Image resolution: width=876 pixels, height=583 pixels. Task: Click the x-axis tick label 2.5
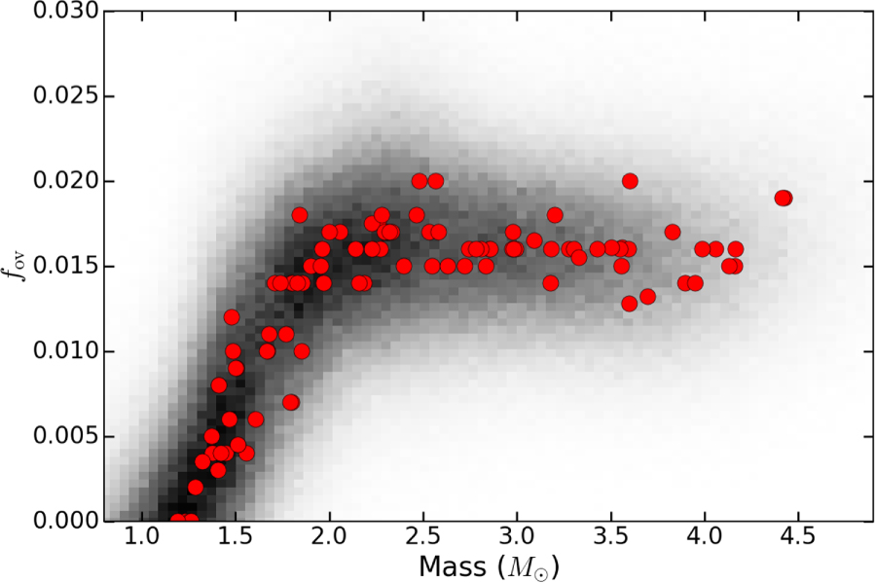423,537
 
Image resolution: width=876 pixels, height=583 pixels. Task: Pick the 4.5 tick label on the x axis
798,537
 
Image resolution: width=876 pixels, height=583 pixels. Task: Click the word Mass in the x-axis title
452,566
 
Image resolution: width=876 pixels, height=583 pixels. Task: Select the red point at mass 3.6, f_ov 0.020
630,181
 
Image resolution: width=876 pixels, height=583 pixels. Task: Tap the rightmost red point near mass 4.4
784,198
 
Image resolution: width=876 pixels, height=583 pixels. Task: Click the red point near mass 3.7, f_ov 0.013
647,297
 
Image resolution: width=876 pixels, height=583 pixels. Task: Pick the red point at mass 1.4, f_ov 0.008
218,385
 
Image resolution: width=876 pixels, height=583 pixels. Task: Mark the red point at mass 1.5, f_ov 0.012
232,317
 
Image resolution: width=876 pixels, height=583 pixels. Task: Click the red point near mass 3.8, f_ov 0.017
673,232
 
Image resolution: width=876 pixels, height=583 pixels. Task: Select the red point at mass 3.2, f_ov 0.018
555,215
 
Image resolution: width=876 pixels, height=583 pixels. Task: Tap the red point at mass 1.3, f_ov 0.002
195,487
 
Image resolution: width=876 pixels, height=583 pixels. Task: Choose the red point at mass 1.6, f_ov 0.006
255,419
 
